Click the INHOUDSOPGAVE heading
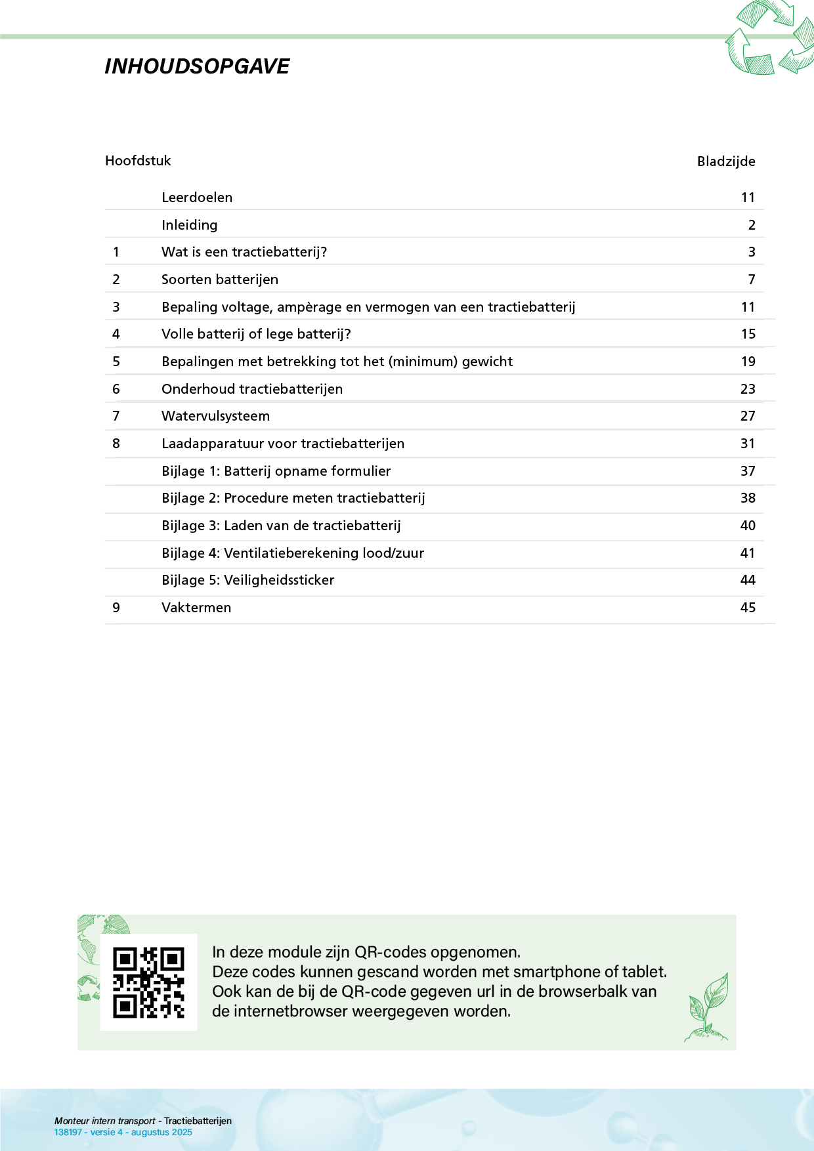click(197, 66)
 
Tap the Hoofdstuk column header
click(138, 161)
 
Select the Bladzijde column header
click(725, 161)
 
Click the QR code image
click(148, 982)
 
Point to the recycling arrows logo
click(769, 38)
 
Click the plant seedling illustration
click(708, 1007)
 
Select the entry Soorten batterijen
click(220, 280)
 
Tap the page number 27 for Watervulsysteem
click(748, 416)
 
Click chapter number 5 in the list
click(116, 362)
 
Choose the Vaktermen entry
click(196, 608)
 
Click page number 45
click(748, 608)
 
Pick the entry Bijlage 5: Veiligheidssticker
click(248, 580)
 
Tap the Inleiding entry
click(190, 225)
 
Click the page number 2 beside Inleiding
click(752, 225)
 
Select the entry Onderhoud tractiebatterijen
click(252, 389)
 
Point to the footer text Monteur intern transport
click(105, 1121)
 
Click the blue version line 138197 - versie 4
click(123, 1132)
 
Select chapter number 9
click(116, 608)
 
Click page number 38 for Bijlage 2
click(748, 498)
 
